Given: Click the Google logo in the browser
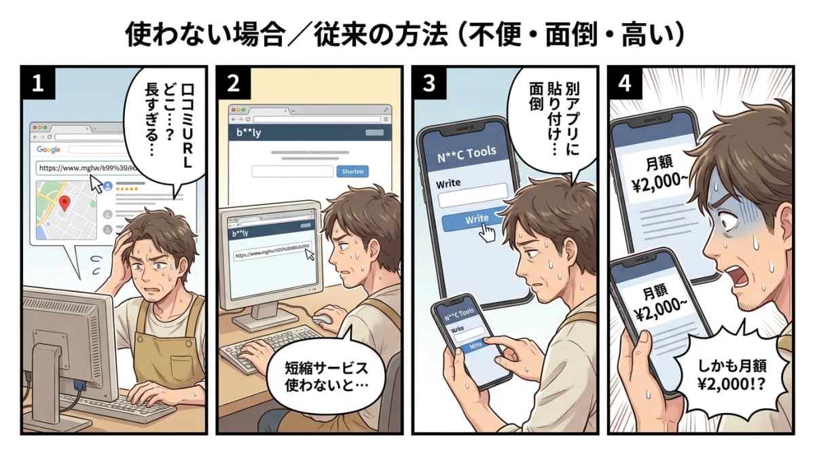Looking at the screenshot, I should point(48,149).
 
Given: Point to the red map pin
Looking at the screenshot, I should point(66,202).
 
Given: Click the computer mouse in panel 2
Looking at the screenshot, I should point(323,316).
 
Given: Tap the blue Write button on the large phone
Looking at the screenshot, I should point(475,219).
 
